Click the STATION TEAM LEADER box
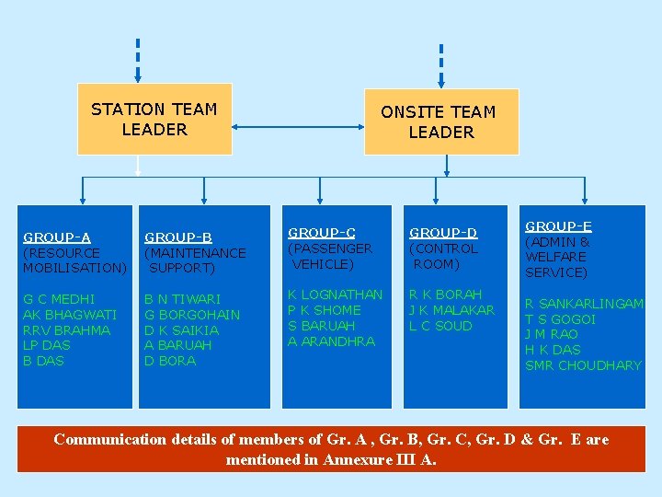154,120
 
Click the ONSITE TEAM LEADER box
441,122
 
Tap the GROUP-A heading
57,237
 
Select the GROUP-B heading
178,237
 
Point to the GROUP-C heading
322,233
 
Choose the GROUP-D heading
443,233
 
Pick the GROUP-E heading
558,226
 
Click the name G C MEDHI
59,299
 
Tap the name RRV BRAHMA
66,330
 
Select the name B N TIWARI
183,299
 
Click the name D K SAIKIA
181,330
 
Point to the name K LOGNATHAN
335,295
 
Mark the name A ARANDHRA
331,341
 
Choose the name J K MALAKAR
451,310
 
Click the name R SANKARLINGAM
584,304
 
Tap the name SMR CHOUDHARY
583,365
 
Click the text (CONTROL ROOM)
443,256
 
